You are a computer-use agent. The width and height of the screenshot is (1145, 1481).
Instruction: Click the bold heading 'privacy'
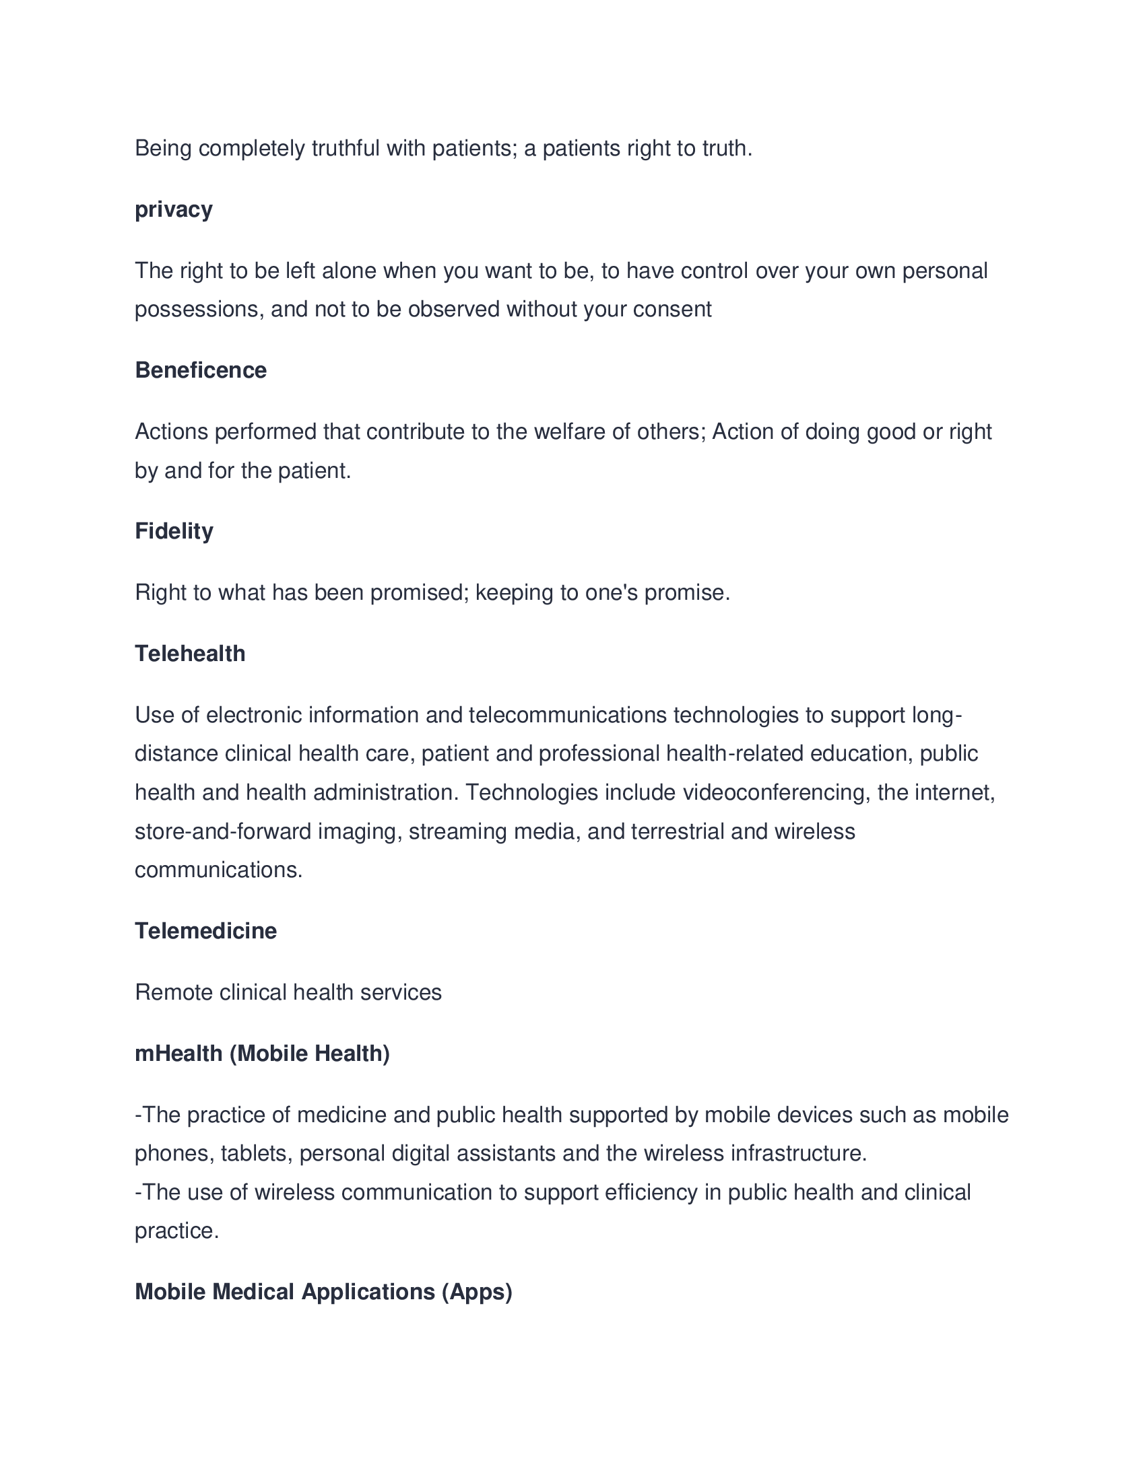(x=174, y=209)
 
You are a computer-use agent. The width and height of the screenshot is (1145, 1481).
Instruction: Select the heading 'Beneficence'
(x=201, y=370)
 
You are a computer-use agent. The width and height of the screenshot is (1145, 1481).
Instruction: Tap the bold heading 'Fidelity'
(x=174, y=531)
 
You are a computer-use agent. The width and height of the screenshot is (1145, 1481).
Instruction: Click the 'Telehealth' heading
(x=190, y=654)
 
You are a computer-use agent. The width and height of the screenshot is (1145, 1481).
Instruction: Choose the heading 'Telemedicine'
(x=205, y=931)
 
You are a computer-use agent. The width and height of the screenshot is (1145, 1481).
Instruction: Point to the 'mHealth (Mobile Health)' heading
(x=263, y=1053)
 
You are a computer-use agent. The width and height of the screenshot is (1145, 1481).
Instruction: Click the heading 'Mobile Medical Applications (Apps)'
(x=323, y=1292)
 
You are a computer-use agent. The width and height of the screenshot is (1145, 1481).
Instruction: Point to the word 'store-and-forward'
(x=222, y=831)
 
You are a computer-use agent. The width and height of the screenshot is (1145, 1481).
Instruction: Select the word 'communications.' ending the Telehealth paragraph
(x=218, y=870)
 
